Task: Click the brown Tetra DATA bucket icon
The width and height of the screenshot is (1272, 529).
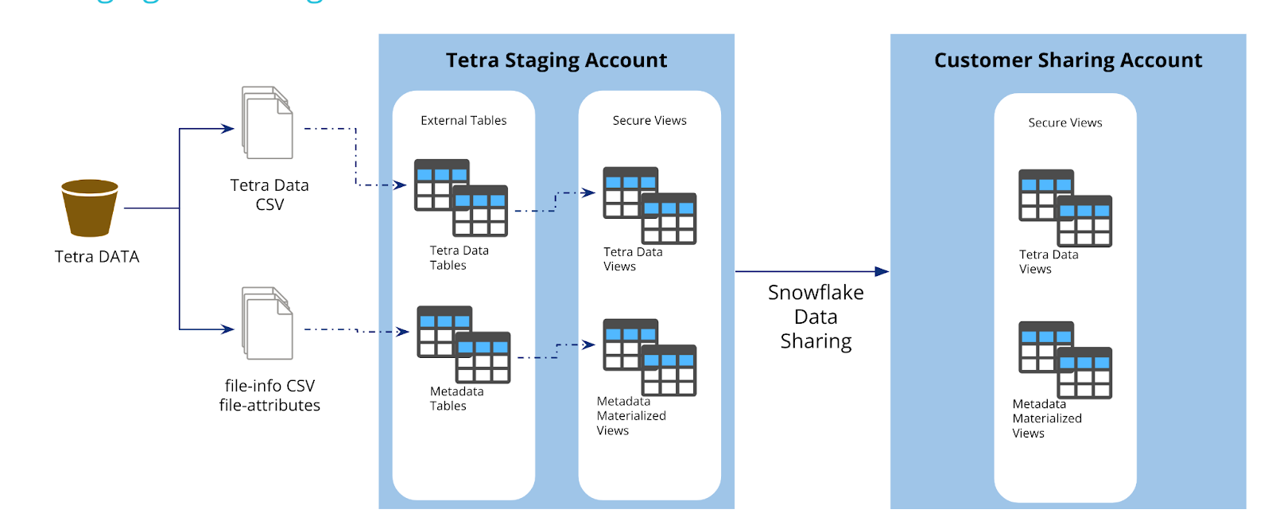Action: click(x=90, y=208)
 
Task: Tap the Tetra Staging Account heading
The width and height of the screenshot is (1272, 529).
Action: click(x=556, y=60)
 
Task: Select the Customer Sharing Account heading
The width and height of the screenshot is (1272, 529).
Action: click(x=1068, y=60)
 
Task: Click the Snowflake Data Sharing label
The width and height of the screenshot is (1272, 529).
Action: click(x=816, y=317)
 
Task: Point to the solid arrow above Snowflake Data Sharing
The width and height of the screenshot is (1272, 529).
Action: click(x=812, y=271)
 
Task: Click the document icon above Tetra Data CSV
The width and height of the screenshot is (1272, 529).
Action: click(x=267, y=123)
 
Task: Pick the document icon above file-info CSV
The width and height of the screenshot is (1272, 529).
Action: click(x=267, y=323)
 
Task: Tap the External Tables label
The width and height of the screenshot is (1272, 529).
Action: click(x=463, y=120)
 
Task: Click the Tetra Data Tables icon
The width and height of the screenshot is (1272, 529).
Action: click(x=461, y=198)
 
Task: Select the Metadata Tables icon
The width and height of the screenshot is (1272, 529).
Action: click(x=463, y=344)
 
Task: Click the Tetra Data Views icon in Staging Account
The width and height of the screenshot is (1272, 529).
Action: click(x=650, y=205)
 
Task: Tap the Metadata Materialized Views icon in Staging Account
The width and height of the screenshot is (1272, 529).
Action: click(x=650, y=357)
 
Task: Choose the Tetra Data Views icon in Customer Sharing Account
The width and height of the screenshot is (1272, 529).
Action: click(x=1065, y=208)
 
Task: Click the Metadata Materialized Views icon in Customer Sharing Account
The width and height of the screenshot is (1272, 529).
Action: click(x=1065, y=360)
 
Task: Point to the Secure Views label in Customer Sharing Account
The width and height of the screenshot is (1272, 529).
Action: click(x=1065, y=123)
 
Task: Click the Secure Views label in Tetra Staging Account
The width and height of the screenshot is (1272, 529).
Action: click(x=650, y=120)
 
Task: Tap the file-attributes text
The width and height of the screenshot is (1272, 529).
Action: click(x=270, y=405)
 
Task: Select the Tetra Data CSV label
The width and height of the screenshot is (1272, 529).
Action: click(x=270, y=195)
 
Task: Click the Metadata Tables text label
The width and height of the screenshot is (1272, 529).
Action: click(x=456, y=399)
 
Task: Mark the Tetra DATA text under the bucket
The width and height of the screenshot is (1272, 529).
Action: click(x=97, y=256)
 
